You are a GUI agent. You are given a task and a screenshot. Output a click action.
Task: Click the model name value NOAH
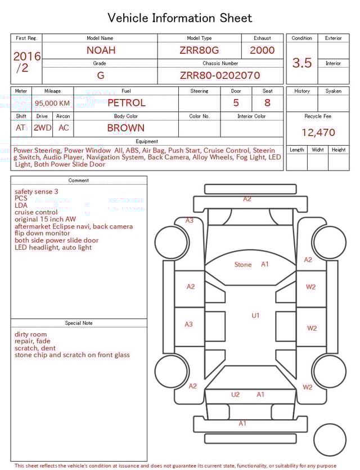coord(101,50)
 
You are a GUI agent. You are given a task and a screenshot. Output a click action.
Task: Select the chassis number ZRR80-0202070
coord(220,75)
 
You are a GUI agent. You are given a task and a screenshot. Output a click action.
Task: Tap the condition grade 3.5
coord(301,63)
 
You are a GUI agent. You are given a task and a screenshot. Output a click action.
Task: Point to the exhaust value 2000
coord(262,50)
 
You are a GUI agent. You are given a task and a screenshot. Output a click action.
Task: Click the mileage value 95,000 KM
coord(52,103)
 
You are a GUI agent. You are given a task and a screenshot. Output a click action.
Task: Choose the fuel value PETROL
coord(126,103)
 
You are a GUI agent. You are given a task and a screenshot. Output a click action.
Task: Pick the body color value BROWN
coord(126,128)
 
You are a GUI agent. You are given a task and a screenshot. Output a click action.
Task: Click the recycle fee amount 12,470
coord(318,133)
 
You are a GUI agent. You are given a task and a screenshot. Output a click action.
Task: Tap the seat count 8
coord(267,103)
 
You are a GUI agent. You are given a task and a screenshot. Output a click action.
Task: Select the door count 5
coord(236,103)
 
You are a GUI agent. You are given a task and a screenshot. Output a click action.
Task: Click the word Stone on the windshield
coord(243,265)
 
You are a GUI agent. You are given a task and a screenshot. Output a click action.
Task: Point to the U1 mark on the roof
coord(255,316)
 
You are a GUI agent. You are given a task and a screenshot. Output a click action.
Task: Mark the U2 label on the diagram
coord(235,395)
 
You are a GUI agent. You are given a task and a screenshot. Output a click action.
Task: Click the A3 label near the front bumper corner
coord(190,221)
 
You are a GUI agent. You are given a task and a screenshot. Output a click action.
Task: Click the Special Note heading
coord(79,323)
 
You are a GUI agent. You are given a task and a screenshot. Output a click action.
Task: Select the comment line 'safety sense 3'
coord(37,191)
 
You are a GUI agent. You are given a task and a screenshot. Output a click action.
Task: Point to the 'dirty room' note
coord(31,334)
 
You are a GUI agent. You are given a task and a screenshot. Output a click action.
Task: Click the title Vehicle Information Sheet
coord(179,18)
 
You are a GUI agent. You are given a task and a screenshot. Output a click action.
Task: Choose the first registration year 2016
coord(26,56)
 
